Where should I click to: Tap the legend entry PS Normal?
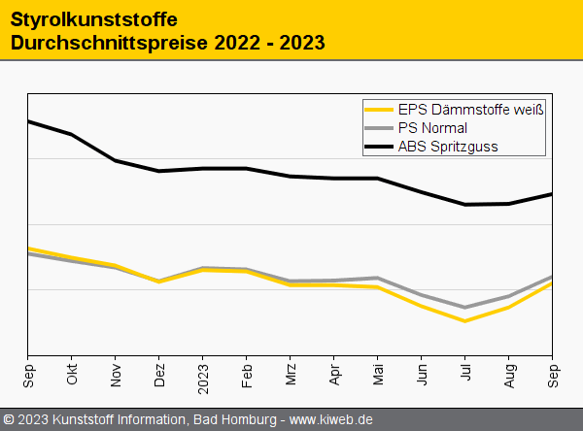pyautogui.click(x=432, y=128)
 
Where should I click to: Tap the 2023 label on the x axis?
pyautogui.click(x=203, y=375)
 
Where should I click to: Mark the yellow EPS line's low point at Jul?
pyautogui.click(x=465, y=320)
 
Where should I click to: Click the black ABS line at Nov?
pyautogui.click(x=116, y=160)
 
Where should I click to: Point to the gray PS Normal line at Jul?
pyautogui.click(x=465, y=307)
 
